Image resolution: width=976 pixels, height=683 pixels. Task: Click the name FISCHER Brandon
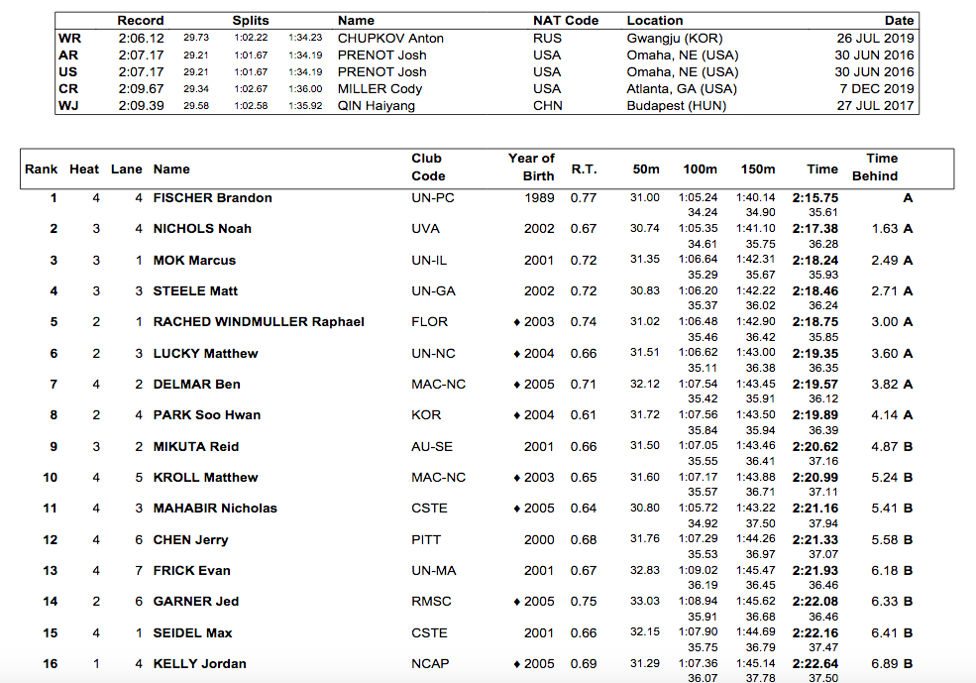click(x=212, y=198)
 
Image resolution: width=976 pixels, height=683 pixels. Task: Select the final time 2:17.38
click(x=815, y=229)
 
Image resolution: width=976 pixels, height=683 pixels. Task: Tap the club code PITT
click(x=425, y=540)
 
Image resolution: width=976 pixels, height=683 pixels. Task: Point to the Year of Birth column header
click(x=531, y=167)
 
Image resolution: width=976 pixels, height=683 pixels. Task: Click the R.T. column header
click(x=584, y=170)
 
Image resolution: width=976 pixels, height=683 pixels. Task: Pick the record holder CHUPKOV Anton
click(x=390, y=39)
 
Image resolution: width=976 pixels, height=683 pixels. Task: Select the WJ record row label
click(x=68, y=106)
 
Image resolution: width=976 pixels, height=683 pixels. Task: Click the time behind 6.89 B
click(x=892, y=664)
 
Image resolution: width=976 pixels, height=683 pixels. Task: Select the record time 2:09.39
click(x=141, y=106)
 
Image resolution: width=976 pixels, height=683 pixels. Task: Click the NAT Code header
click(x=565, y=20)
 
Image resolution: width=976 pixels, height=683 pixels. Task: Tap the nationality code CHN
click(x=547, y=106)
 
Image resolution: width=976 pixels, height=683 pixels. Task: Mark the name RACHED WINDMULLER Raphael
click(x=259, y=322)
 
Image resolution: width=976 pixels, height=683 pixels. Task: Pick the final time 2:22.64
click(x=815, y=664)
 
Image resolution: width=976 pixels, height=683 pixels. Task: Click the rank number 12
click(x=51, y=540)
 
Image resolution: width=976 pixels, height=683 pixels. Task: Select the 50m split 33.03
click(x=644, y=602)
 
